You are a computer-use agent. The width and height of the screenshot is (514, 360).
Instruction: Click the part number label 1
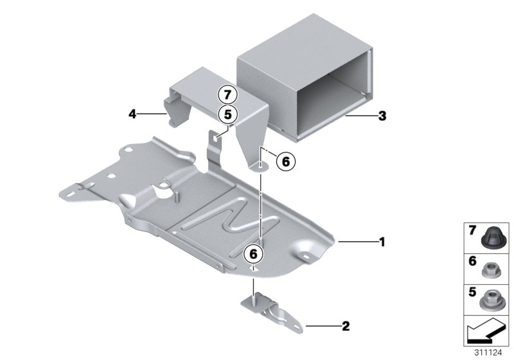[382, 242]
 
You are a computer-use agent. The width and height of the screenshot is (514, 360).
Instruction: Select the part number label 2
[345, 327]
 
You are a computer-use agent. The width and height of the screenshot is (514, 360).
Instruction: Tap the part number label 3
[382, 116]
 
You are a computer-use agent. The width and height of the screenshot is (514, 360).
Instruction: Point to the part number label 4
[132, 114]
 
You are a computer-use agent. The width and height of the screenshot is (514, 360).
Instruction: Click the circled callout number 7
[226, 94]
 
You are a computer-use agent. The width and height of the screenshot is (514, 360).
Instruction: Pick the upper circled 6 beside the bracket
[286, 162]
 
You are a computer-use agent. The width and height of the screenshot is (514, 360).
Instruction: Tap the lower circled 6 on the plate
[253, 255]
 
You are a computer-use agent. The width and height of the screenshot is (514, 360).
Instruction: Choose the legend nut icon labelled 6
[493, 267]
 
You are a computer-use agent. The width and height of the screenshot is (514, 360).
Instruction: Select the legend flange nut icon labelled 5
[493, 298]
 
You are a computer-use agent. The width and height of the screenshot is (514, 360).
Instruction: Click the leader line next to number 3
[360, 116]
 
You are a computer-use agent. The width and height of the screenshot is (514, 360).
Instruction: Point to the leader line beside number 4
[153, 114]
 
